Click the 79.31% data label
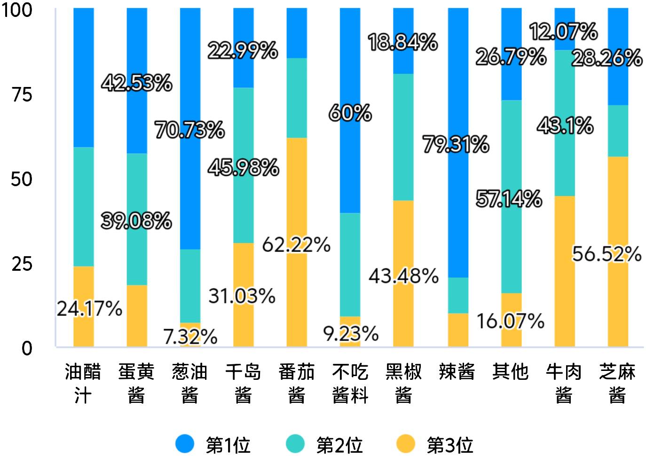point(456,144)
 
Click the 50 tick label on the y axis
point(22,179)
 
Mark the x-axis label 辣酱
point(457,372)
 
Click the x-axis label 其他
point(510,372)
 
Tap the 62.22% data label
point(296,245)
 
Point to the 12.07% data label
point(563,32)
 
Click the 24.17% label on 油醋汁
point(89,309)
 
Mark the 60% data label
point(350,113)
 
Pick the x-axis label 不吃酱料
point(350,383)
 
